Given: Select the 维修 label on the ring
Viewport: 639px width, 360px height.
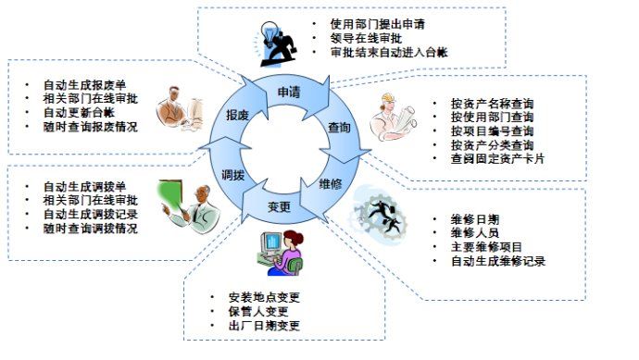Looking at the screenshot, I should pos(330,183).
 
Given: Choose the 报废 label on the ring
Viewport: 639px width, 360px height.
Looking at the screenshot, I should pos(237,115).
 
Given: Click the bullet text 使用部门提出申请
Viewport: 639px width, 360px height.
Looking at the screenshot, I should pos(377,23).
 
